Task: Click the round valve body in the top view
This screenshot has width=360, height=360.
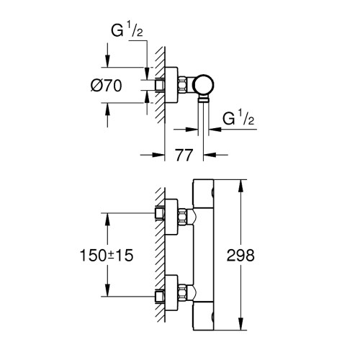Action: coord(206,84)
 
